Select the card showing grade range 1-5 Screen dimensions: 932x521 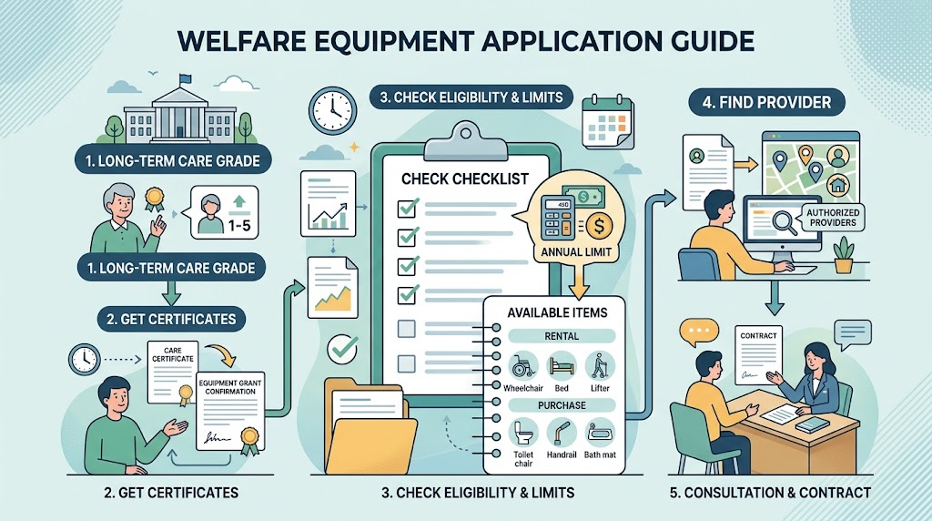click(x=224, y=211)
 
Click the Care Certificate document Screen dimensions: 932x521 click(x=172, y=372)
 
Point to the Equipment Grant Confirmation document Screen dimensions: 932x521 click(x=230, y=412)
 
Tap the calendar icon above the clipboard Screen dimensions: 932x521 click(x=607, y=123)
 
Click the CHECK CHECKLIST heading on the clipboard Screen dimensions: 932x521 click(x=465, y=179)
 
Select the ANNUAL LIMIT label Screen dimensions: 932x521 click(x=576, y=252)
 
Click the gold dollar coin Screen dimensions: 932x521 click(x=599, y=226)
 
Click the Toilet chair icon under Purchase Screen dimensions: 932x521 click(x=523, y=433)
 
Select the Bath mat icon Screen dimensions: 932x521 click(x=600, y=433)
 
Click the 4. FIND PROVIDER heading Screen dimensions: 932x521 click(x=766, y=102)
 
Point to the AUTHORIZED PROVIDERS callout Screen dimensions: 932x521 click(x=833, y=218)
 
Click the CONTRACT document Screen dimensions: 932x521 click(x=758, y=355)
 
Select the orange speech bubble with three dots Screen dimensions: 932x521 click(x=699, y=332)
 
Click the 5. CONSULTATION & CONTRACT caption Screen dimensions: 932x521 click(x=770, y=493)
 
